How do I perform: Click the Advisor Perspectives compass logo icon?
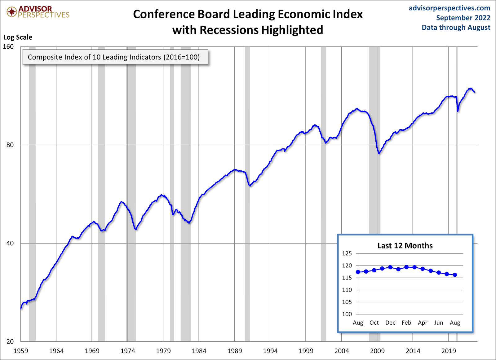12,12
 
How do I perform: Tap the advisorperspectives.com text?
449,8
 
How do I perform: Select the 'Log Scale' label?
18,37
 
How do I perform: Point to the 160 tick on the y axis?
8,46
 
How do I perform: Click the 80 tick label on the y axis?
10,145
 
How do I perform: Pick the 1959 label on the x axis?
21,351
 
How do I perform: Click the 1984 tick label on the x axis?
199,351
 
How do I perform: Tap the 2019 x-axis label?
448,351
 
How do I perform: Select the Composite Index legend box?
115,57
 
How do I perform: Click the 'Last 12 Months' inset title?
405,246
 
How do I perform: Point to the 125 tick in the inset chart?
347,253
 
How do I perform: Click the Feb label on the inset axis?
406,323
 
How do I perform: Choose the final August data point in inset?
455,275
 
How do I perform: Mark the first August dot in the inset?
358,272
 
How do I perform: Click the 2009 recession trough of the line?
379,153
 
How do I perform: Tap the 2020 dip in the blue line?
458,111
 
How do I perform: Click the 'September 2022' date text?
463,18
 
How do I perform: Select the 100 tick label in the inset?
347,314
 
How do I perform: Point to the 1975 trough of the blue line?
136,229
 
